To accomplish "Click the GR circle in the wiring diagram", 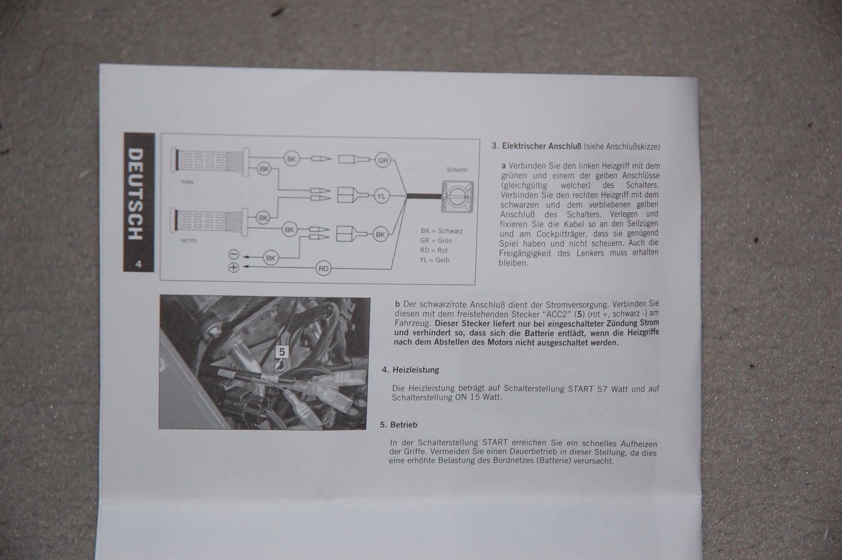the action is click(x=383, y=161).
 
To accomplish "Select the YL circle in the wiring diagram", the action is click(x=382, y=196).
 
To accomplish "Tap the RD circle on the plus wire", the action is click(x=323, y=268).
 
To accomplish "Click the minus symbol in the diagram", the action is click(x=234, y=254).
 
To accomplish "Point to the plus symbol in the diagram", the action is click(x=234, y=267).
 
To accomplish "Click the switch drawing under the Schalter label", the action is click(x=457, y=196).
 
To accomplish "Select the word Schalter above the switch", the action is click(x=457, y=169).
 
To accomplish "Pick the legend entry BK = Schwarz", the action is click(x=442, y=231).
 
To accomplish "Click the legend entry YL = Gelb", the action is click(x=435, y=259).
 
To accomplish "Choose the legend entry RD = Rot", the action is click(x=434, y=250).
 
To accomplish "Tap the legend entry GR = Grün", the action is click(x=436, y=241).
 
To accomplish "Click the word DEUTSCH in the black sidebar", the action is click(x=136, y=194).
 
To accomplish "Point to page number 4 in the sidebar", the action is click(x=138, y=264).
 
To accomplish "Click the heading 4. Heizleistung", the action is click(x=410, y=370).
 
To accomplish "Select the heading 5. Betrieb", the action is click(x=398, y=425).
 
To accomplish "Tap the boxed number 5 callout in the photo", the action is click(x=282, y=352).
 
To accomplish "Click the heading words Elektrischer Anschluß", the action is click(x=542, y=146).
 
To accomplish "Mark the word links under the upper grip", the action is click(x=187, y=182).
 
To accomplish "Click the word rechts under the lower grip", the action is click(x=188, y=240).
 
